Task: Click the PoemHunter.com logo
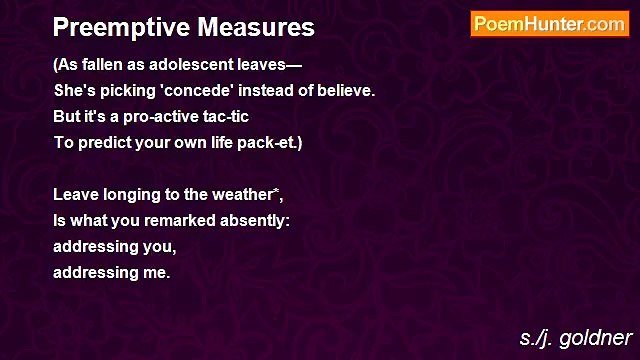(550, 24)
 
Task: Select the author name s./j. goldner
(576, 337)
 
